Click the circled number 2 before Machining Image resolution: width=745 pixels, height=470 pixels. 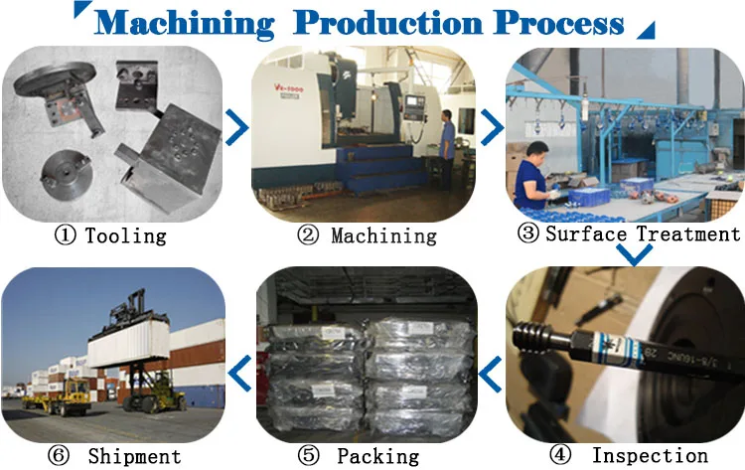[x=310, y=235]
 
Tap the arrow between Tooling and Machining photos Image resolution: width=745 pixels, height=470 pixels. [x=238, y=126]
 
